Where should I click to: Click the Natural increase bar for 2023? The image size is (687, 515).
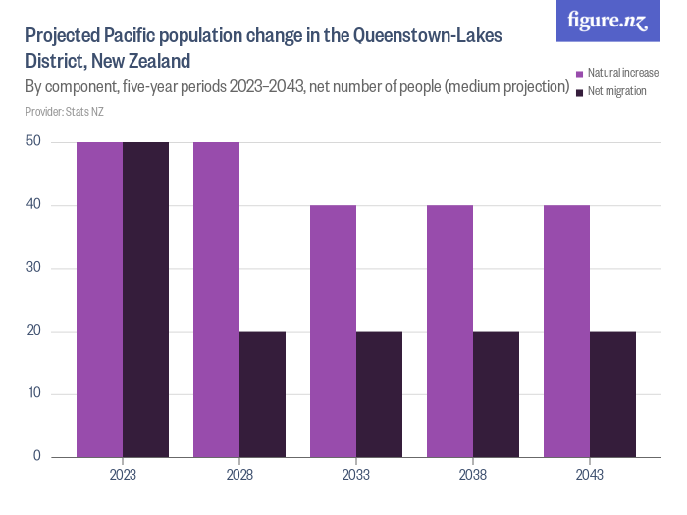coord(99,299)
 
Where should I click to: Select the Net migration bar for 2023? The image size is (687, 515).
coord(145,299)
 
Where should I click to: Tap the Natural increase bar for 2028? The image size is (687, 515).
coord(216,299)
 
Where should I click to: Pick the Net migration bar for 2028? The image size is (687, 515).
coord(262,394)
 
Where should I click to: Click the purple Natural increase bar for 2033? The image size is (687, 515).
coord(333,331)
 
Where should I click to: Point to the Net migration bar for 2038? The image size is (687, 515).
coord(496,394)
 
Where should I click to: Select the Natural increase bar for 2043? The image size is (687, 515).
coord(566,331)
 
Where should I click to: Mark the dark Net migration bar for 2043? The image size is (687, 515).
coord(612,394)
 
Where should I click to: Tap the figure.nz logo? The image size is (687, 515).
coord(608,21)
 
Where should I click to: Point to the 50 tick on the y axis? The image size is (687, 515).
coord(33,142)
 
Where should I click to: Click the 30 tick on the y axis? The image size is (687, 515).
coord(33,268)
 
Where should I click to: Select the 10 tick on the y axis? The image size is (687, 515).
coord(33,394)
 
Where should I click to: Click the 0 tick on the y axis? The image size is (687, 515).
coord(36,456)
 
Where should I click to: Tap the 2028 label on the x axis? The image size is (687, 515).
coord(239,475)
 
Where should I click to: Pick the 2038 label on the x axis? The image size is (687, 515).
coord(473,475)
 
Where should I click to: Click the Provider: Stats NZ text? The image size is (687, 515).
coord(64,112)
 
